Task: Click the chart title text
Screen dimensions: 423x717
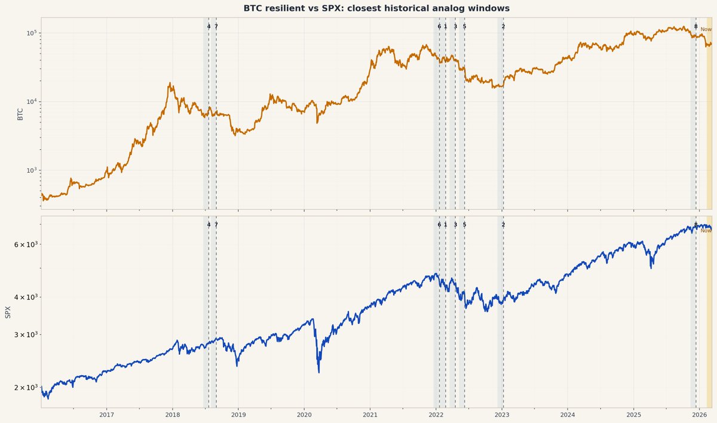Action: pos(376,8)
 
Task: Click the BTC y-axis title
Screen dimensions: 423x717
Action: pos(20,114)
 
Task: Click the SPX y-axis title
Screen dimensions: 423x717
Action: pos(8,312)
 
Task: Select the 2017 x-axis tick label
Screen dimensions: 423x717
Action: pos(106,415)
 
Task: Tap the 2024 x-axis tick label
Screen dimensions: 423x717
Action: pos(568,415)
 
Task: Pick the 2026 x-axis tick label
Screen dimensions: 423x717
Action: pos(700,415)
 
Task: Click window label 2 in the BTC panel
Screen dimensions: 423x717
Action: pos(503,26)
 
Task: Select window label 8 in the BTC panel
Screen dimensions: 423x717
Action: pos(696,26)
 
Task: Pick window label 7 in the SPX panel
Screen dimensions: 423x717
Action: pos(216,225)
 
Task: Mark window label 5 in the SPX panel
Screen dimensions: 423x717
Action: pos(464,225)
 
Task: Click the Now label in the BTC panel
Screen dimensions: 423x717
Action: pos(706,29)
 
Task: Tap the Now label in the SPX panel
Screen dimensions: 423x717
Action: pos(706,230)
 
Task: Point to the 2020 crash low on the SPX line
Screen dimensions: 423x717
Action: pos(318,372)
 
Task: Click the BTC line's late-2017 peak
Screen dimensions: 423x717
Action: pos(170,83)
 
